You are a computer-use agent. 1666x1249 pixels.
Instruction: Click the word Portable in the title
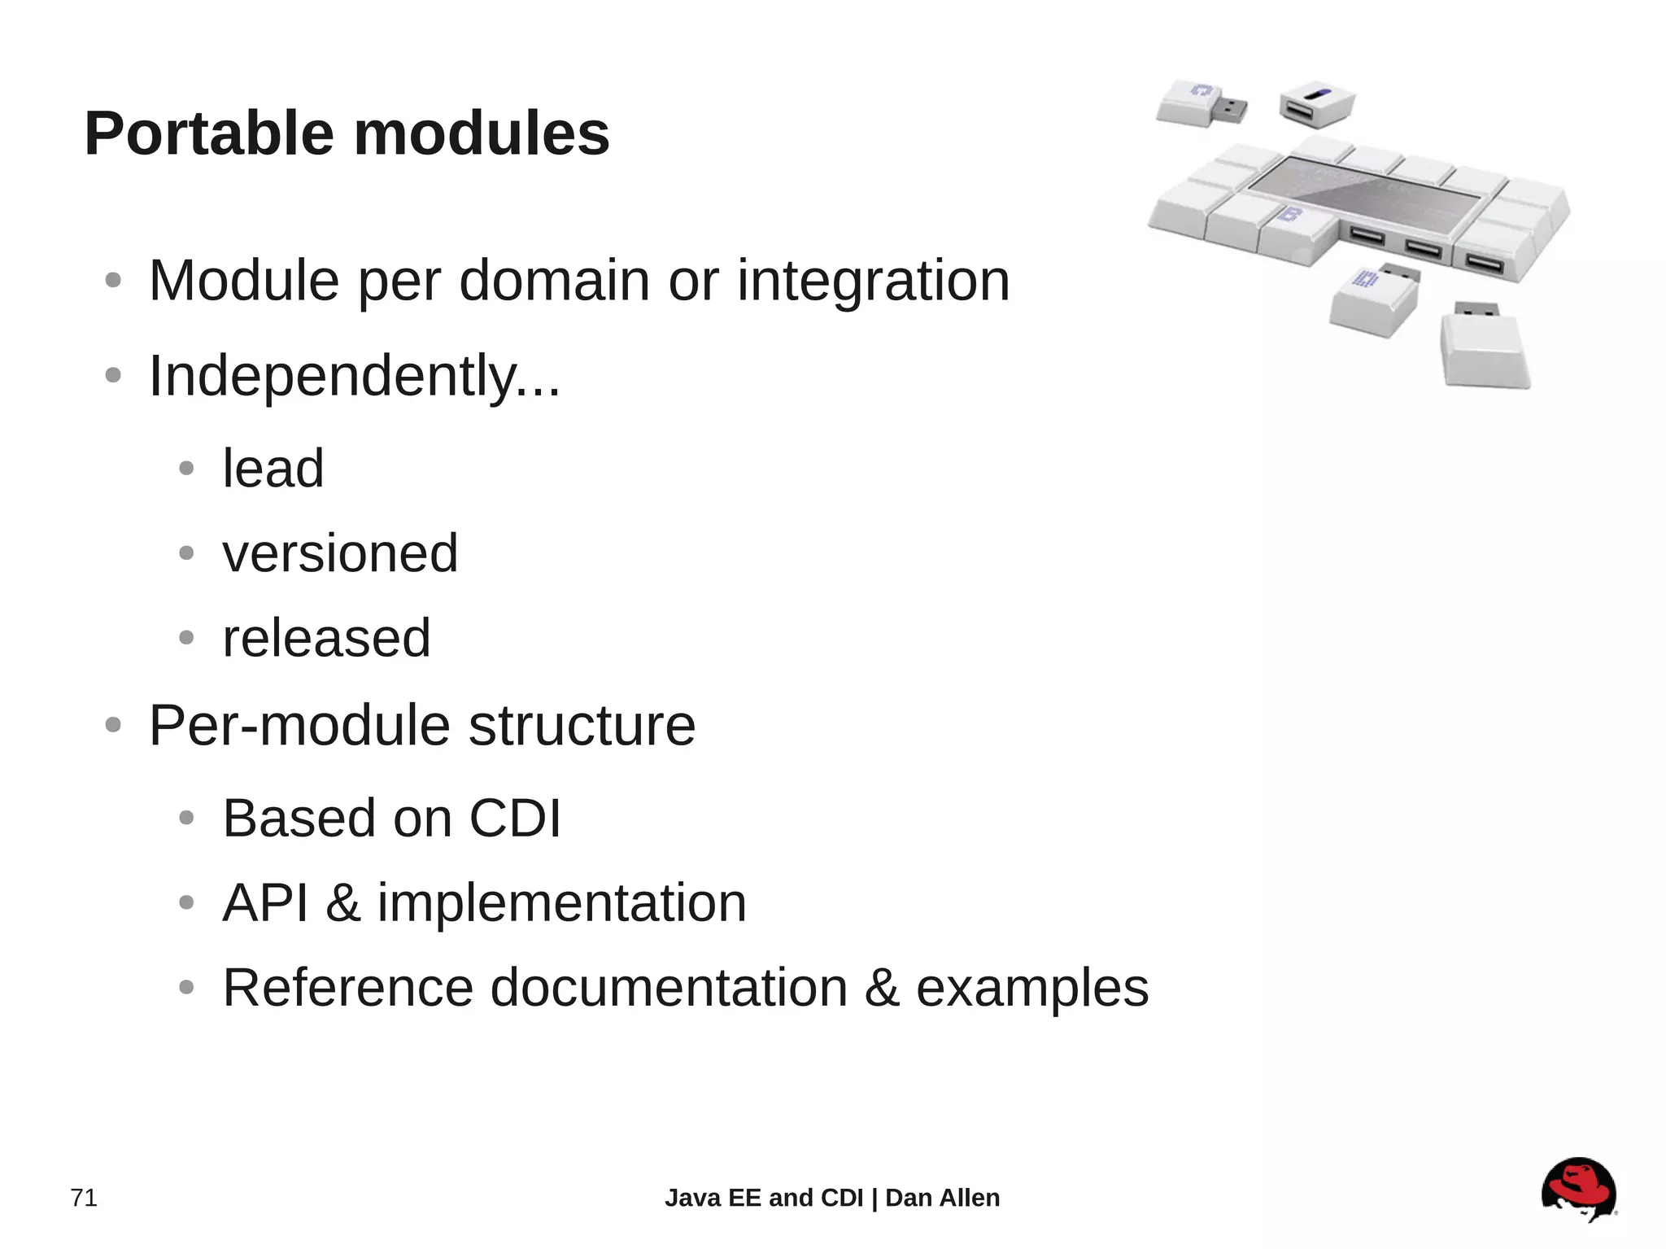pos(209,133)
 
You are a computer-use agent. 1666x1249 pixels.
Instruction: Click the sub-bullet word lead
pos(273,469)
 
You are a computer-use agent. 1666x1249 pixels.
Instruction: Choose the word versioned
pos(340,553)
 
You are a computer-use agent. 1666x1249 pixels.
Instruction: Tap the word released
pos(326,638)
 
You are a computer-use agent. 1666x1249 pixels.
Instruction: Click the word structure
pos(582,725)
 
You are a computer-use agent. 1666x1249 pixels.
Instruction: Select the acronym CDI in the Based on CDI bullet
pos(515,818)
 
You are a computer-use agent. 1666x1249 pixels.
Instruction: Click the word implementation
pos(561,902)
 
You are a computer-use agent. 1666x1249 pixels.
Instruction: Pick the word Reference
pos(348,988)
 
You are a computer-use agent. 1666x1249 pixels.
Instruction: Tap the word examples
pos(1032,988)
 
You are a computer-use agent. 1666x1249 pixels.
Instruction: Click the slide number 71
pos(84,1198)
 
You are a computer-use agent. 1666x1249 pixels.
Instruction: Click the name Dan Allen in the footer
pos(942,1198)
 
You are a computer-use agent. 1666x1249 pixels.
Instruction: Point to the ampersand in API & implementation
pos(342,902)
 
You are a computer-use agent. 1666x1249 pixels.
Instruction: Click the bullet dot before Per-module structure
pos(113,725)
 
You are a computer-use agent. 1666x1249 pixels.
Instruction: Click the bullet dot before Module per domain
pos(113,281)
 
